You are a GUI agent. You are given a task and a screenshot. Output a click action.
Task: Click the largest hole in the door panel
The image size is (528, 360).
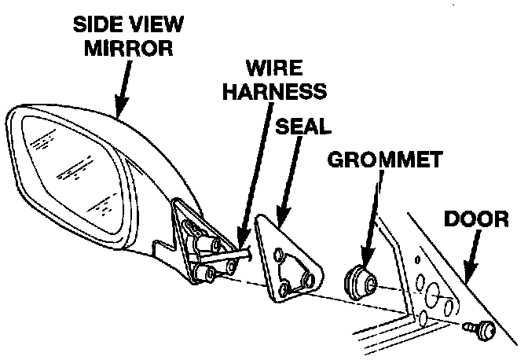[431, 295]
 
